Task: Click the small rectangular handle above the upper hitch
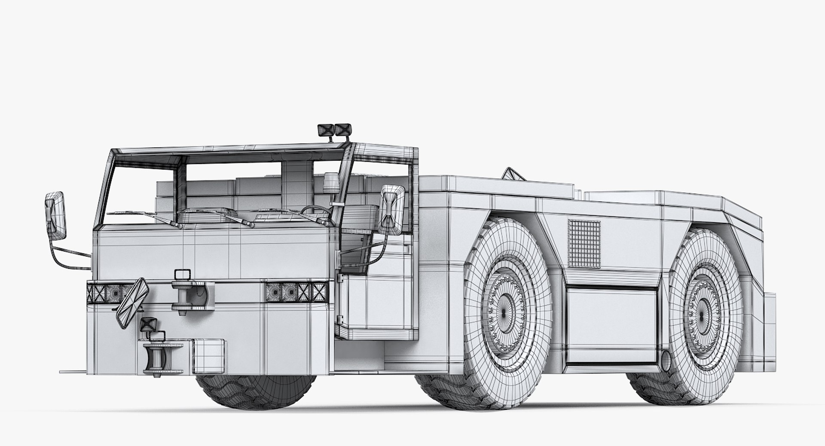[182, 274]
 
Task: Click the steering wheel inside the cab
[316, 210]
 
